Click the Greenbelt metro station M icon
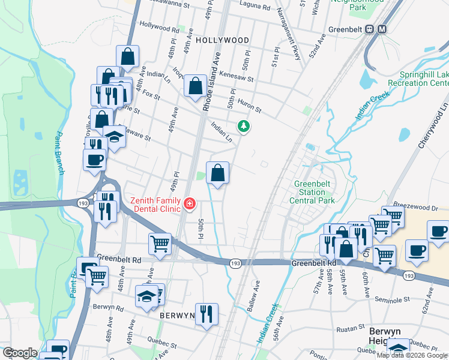click(x=382, y=29)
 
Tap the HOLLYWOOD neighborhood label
click(x=222, y=40)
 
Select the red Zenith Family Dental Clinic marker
click(x=190, y=204)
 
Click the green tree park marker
click(x=243, y=126)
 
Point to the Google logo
click(x=19, y=353)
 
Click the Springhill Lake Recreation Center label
click(x=424, y=79)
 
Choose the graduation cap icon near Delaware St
click(x=114, y=137)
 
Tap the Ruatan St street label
click(x=350, y=328)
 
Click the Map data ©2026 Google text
click(x=412, y=355)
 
